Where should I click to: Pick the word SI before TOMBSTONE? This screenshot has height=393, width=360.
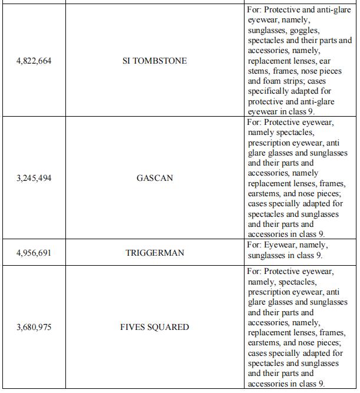(127, 61)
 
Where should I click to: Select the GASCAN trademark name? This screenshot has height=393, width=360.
(155, 177)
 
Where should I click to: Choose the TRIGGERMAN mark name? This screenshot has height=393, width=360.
(155, 253)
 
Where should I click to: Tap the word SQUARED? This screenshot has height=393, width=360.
(169, 327)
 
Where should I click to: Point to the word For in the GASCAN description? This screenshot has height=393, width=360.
(254, 122)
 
